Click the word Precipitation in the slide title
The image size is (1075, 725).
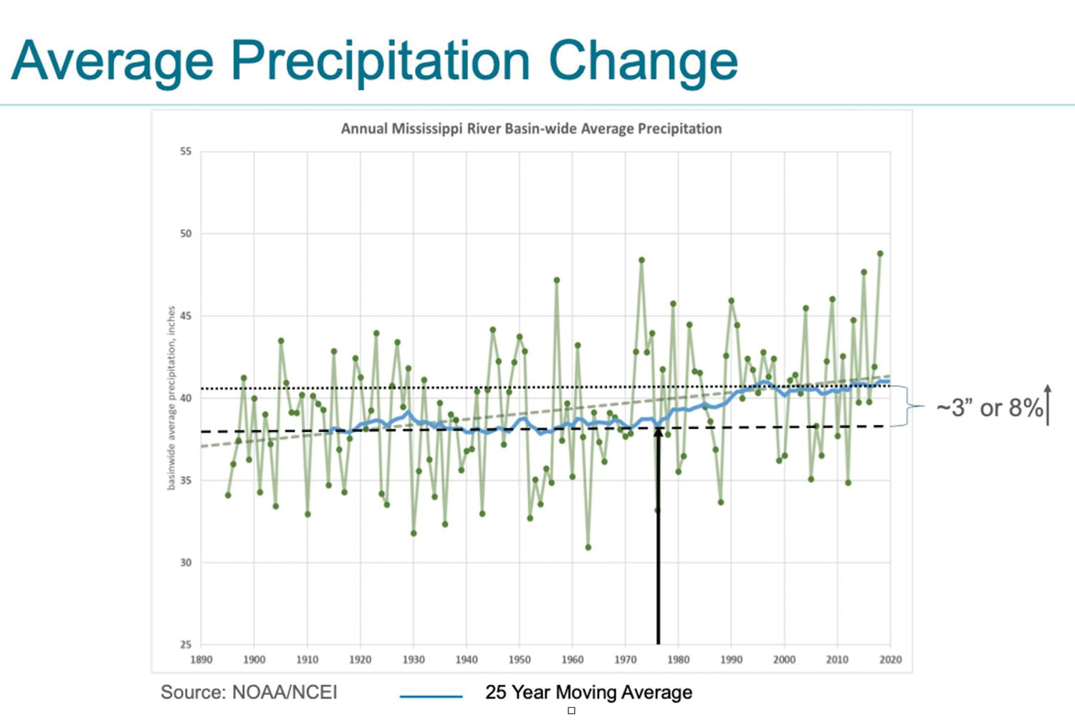pos(380,62)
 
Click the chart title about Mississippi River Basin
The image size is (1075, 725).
pos(531,129)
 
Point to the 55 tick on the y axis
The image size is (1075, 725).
pos(186,152)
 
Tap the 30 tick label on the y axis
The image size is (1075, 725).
pos(186,563)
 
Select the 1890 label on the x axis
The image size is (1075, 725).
pos(201,660)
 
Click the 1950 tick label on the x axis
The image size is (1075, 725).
pos(520,660)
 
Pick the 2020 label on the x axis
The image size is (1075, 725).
pos(890,660)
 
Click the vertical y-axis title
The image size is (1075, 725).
pos(171,398)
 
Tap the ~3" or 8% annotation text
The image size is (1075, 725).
pos(989,408)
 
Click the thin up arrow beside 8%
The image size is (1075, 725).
pos(1048,405)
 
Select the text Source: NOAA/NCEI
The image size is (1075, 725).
pos(249,693)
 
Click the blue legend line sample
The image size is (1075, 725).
pos(431,696)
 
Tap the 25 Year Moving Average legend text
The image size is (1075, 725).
pos(588,693)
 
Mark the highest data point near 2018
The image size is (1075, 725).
pos(880,254)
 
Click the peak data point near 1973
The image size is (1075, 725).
pos(641,260)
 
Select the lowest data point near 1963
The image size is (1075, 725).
pos(588,547)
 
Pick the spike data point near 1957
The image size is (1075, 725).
pos(557,280)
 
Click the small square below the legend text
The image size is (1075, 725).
pos(571,711)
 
